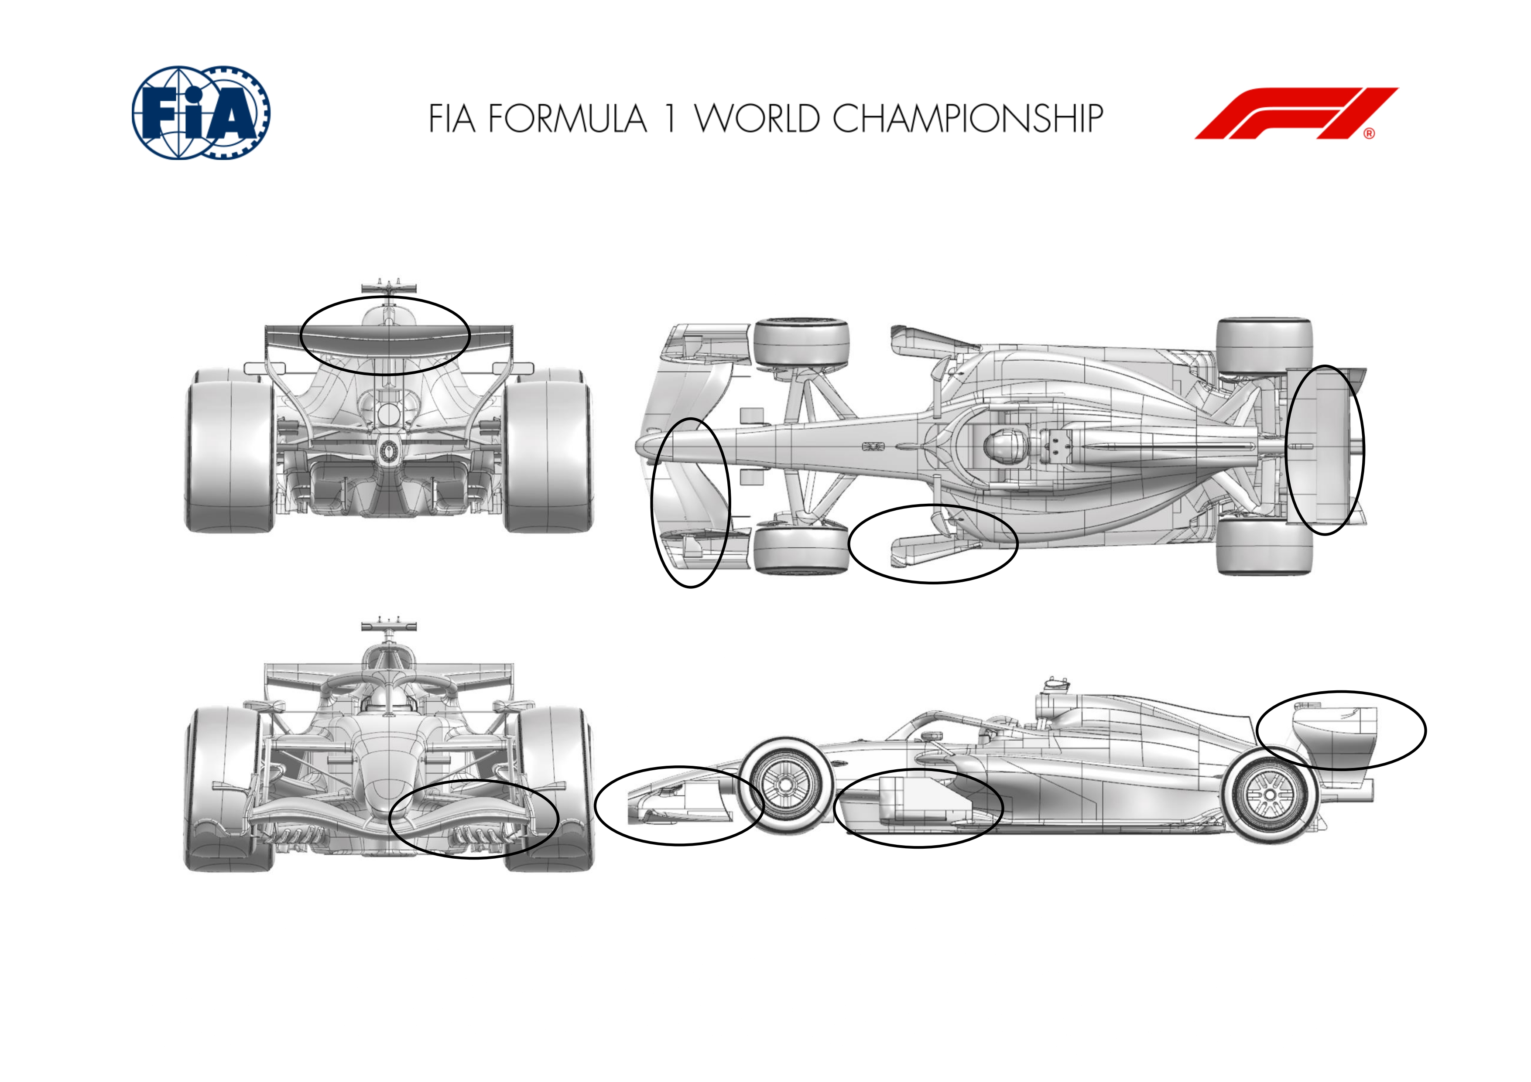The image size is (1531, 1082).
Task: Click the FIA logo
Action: (201, 113)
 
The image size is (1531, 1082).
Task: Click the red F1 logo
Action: (1296, 113)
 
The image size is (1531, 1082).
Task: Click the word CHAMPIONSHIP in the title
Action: (968, 119)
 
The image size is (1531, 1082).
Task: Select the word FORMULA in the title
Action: (568, 119)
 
